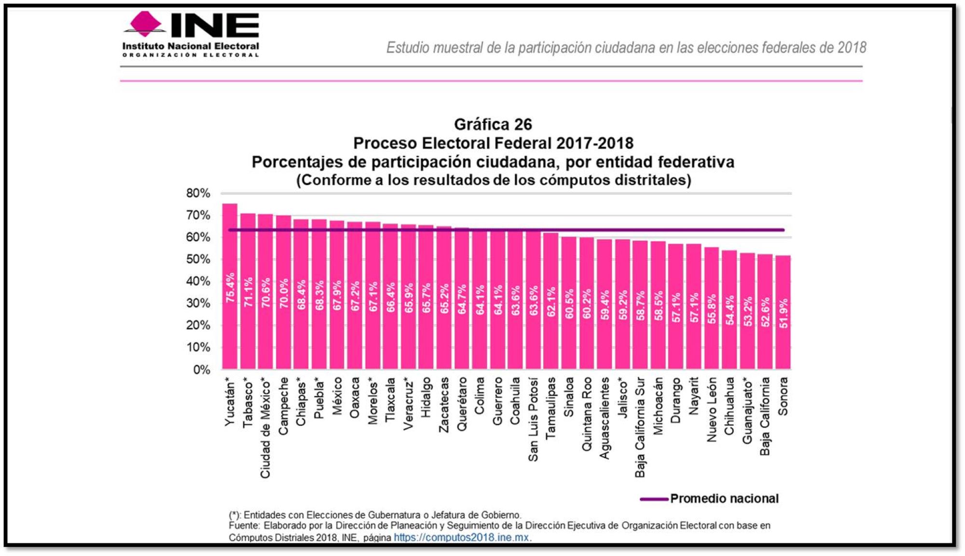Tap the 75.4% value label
[x=231, y=288]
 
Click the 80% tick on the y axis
[x=198, y=193]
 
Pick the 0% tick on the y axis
[x=202, y=370]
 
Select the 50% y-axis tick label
[x=198, y=259]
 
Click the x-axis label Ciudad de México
[x=265, y=428]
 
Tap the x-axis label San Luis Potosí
[x=533, y=420]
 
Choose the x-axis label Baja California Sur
[x=640, y=428]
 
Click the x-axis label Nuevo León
[x=712, y=410]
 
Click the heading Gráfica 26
[x=493, y=124]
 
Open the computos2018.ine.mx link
[x=461, y=537]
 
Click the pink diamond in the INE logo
[x=145, y=23]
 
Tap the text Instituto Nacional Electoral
[x=191, y=46]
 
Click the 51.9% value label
[x=784, y=313]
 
